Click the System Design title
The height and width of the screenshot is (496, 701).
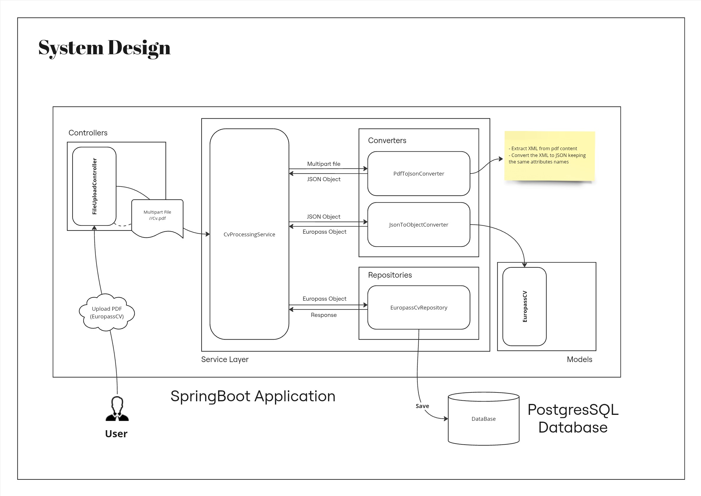tap(104, 48)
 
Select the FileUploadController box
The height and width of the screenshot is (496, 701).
tap(94, 186)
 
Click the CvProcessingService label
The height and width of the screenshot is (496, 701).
tap(249, 234)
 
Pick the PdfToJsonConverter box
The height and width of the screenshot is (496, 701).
tap(419, 173)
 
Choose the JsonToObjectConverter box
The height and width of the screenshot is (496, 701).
tap(419, 225)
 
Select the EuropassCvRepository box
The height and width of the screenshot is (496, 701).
tap(419, 307)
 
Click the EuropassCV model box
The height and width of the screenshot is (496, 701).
tap(524, 307)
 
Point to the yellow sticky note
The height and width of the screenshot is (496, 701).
tap(549, 156)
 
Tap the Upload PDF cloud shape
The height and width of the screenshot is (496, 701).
tap(107, 312)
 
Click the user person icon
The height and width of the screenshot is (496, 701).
tap(117, 409)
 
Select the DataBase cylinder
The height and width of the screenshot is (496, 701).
tap(483, 419)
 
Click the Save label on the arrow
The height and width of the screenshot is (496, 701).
tap(422, 406)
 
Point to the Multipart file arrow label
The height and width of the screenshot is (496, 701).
tap(324, 164)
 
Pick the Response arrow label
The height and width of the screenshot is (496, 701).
tap(324, 315)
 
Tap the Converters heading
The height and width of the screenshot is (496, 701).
tap(387, 140)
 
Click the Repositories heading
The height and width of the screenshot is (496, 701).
tap(390, 275)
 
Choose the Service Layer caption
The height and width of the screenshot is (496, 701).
tap(225, 359)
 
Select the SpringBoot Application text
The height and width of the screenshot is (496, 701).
tap(253, 396)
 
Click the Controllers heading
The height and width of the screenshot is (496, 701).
tap(88, 133)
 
